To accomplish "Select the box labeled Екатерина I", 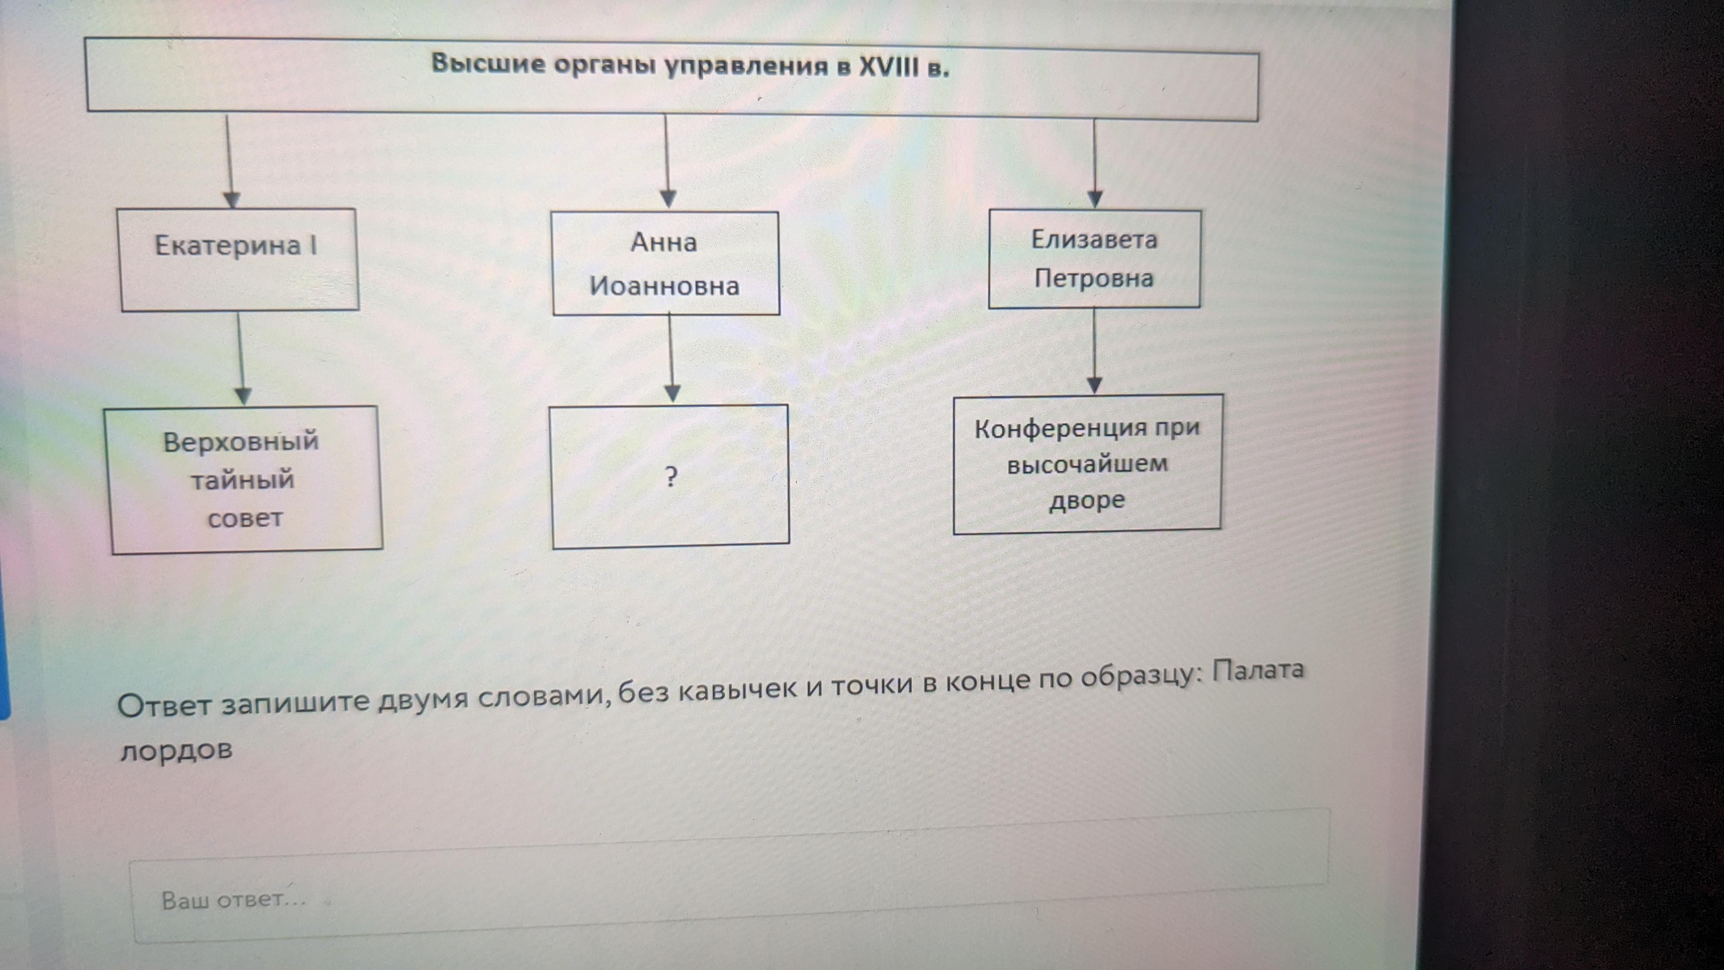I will pyautogui.click(x=238, y=260).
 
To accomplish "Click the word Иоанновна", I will pyautogui.click(x=664, y=286).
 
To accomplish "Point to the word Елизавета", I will pyautogui.click(x=1094, y=239).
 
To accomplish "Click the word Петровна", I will pyautogui.click(x=1094, y=278).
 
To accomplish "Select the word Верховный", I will pyautogui.click(x=241, y=441).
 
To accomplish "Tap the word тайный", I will pyautogui.click(x=242, y=480).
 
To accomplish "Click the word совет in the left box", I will pyautogui.click(x=245, y=518).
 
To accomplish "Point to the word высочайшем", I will pyautogui.click(x=1087, y=464).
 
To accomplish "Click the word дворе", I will pyautogui.click(x=1087, y=500).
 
